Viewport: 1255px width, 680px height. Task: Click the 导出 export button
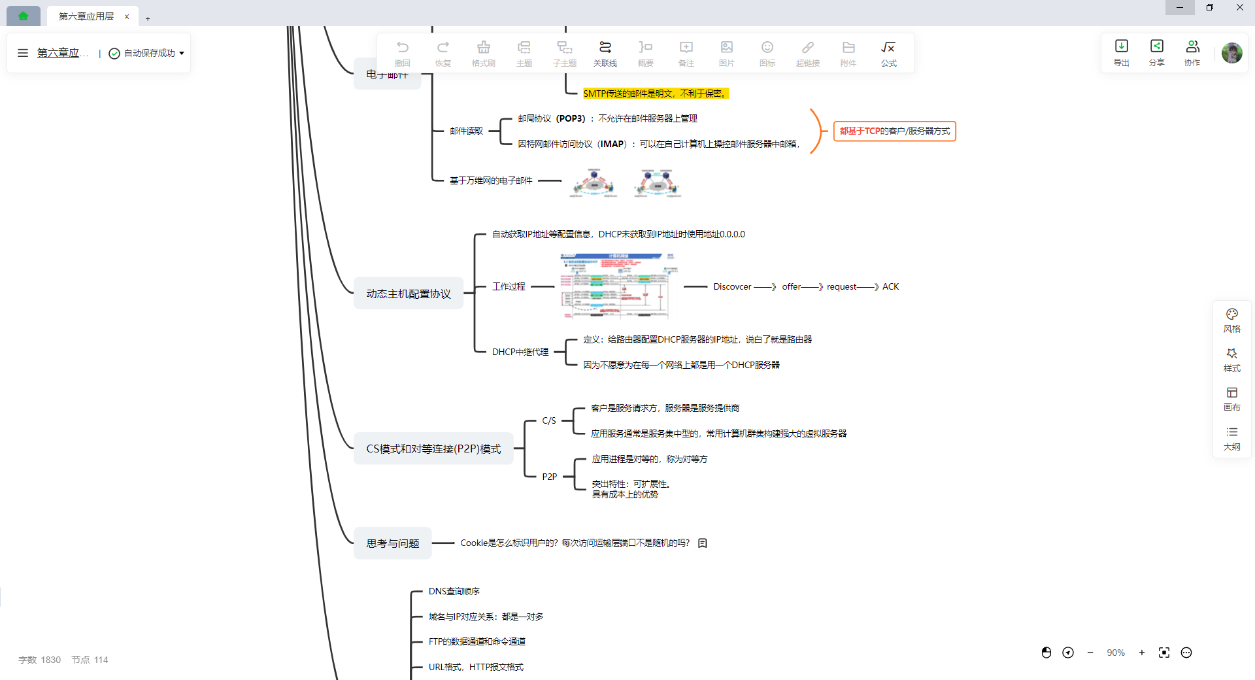pos(1121,52)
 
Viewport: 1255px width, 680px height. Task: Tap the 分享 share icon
pos(1156,52)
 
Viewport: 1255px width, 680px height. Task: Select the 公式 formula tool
pos(888,52)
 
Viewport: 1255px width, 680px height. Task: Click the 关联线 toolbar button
pos(605,52)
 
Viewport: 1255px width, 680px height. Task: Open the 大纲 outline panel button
pos(1231,438)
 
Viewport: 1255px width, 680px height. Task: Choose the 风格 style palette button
pos(1231,320)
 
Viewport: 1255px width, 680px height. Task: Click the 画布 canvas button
pos(1231,399)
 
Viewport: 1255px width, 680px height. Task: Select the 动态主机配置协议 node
pos(409,294)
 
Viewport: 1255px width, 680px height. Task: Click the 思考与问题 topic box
pos(393,543)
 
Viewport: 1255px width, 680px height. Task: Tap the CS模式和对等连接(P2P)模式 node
pos(433,449)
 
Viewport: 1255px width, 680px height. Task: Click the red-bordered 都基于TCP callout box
pos(894,131)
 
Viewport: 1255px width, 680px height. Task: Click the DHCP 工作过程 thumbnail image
pos(618,286)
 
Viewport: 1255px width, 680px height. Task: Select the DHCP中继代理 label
pos(520,352)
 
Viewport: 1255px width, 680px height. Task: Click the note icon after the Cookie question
pos(703,543)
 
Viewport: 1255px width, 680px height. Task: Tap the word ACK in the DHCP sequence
pos(890,286)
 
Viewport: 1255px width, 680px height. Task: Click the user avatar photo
pos(1231,52)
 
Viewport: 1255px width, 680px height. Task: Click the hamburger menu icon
pos(23,53)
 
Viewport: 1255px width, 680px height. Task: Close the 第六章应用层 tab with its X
pos(127,16)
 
